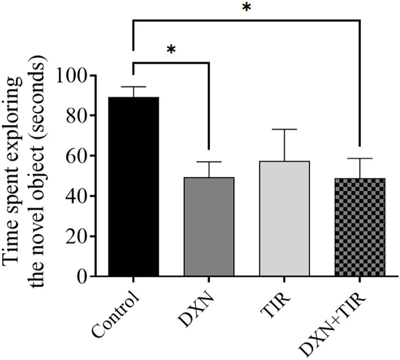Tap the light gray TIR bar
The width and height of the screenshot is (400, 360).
284,219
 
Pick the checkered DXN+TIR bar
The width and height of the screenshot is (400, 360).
359,227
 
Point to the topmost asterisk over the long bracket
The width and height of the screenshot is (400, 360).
246,8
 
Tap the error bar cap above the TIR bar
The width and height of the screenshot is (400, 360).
284,129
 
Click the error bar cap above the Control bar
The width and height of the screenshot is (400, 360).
133,87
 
